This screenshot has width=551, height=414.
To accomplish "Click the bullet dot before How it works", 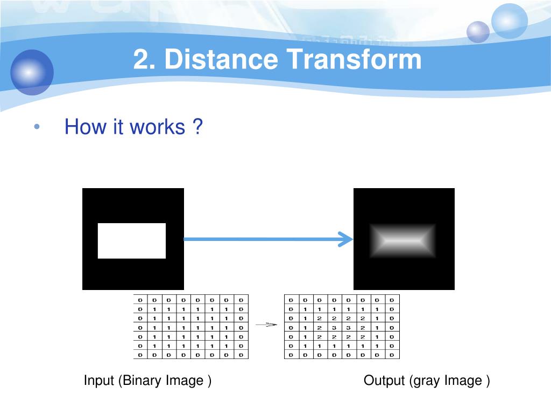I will coord(37,128).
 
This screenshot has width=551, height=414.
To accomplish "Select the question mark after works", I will coord(197,128).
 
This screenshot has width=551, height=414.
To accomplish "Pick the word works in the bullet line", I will coord(158,128).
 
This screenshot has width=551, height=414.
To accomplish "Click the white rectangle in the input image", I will coord(132,240).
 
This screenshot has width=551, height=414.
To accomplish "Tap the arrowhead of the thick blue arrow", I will coord(344,239).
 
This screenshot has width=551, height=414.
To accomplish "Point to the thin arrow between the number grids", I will coord(266,325).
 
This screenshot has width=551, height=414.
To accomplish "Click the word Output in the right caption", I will coord(384,381).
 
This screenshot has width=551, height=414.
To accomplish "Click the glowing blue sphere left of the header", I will coord(32,72).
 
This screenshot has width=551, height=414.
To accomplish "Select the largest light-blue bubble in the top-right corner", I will coord(510,21).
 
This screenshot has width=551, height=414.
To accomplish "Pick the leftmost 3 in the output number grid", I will coord(335,327).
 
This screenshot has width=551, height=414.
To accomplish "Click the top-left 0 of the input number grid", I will coord(140,300).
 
